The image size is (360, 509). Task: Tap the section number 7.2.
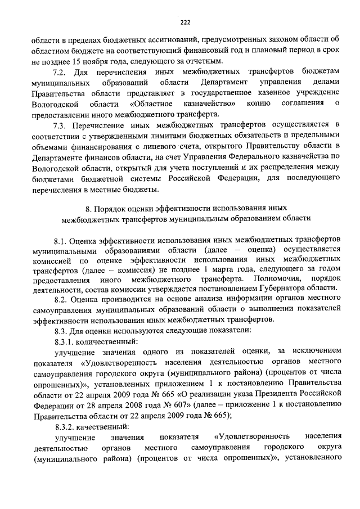pyautogui.click(x=60, y=73)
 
